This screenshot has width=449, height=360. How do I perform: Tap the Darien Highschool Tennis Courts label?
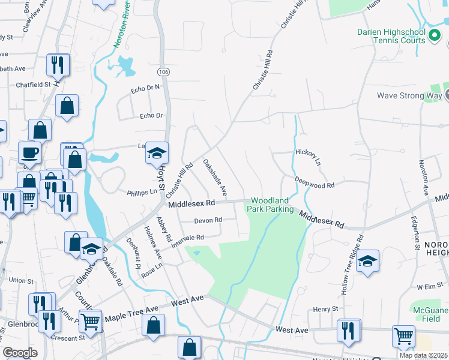(391, 36)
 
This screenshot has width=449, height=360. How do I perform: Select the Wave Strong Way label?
(409, 95)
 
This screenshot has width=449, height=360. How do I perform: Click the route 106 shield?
(164, 71)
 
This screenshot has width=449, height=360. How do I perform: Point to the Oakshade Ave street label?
(214, 177)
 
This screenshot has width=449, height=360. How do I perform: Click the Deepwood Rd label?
(314, 181)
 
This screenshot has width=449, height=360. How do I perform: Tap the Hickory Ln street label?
(308, 157)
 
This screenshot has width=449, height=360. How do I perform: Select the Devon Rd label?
(208, 220)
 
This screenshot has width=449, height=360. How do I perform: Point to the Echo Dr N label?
(145, 89)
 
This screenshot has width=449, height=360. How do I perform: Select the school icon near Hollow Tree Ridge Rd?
(367, 262)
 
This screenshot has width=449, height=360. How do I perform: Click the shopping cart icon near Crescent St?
(91, 320)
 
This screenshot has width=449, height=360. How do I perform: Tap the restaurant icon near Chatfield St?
(58, 65)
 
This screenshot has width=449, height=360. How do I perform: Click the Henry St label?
(326, 309)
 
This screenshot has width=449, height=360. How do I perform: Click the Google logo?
(20, 352)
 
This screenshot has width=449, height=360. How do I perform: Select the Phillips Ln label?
(142, 192)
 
